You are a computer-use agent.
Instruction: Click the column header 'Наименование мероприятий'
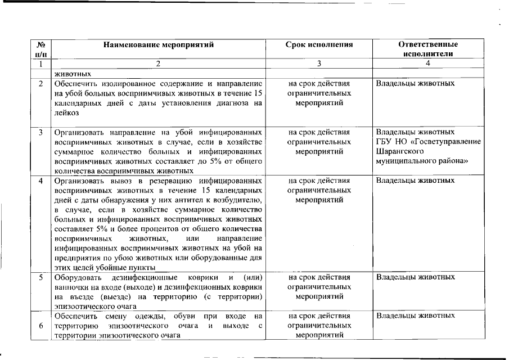point(159,44)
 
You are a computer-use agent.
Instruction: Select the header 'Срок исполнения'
point(319,44)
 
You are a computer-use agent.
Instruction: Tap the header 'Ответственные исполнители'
point(428,49)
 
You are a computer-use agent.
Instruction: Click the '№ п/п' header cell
point(40,49)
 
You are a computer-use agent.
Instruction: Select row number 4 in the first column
point(41,181)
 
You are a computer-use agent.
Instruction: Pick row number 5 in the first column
point(41,277)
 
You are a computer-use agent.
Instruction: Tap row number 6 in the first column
point(41,326)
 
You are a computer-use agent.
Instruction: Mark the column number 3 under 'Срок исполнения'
point(319,64)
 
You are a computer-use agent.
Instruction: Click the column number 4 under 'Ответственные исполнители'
point(428,64)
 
